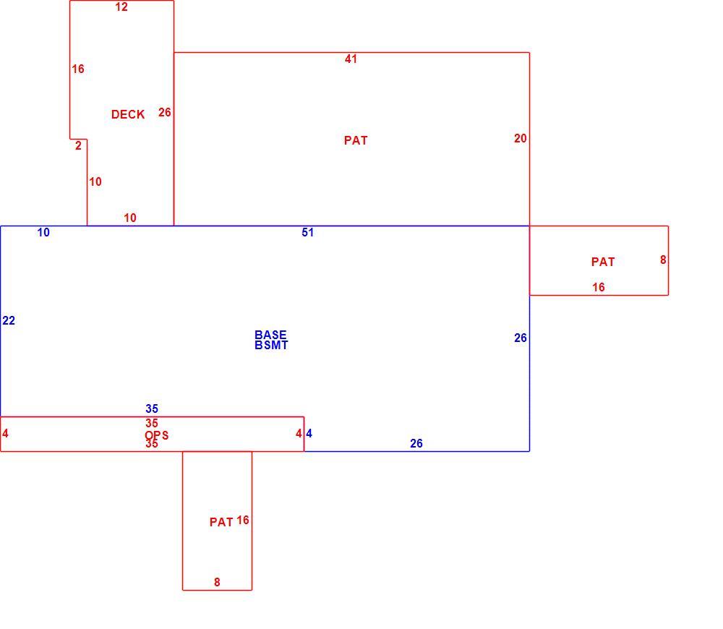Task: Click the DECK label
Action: pos(128,114)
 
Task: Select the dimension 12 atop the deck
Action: pos(121,7)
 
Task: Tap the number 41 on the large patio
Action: pos(351,59)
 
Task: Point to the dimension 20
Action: pos(520,138)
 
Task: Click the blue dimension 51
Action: pos(307,232)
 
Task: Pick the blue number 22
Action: pos(9,320)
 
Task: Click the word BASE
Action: pos(270,335)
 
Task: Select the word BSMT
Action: pos(271,345)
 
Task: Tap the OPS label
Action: pos(157,435)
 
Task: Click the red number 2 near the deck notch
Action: pos(78,146)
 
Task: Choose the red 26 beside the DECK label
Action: pos(165,113)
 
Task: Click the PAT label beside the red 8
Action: pos(603,262)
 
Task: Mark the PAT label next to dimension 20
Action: pos(356,140)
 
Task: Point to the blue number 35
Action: pos(152,408)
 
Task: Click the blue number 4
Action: pos(309,434)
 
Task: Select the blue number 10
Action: pos(43,232)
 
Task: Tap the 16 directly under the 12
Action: pos(78,69)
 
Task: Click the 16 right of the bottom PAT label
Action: pos(242,521)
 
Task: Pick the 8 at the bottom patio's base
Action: pos(217,583)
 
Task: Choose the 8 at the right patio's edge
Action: pos(663,260)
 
